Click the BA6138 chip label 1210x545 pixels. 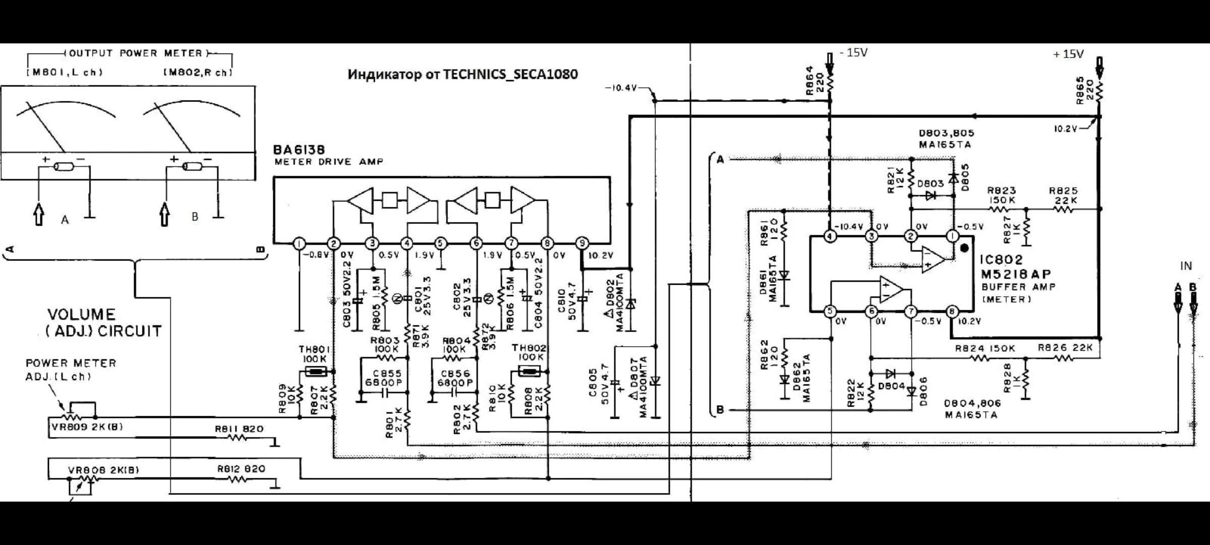299,150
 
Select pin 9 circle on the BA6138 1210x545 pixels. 582,244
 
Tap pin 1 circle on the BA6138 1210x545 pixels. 299,244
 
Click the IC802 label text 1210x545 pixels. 1001,260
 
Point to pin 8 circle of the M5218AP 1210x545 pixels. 952,311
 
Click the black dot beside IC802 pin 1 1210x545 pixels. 964,248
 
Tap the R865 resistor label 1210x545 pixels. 1080,91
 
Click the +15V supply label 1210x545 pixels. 1068,54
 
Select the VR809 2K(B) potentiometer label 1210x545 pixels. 87,427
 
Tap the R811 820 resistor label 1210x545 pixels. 239,429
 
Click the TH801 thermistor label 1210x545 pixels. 314,349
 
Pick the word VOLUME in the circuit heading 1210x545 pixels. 81,315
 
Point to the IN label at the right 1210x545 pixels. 1186,266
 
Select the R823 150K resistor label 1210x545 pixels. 1001,195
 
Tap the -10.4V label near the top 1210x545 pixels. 621,88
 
